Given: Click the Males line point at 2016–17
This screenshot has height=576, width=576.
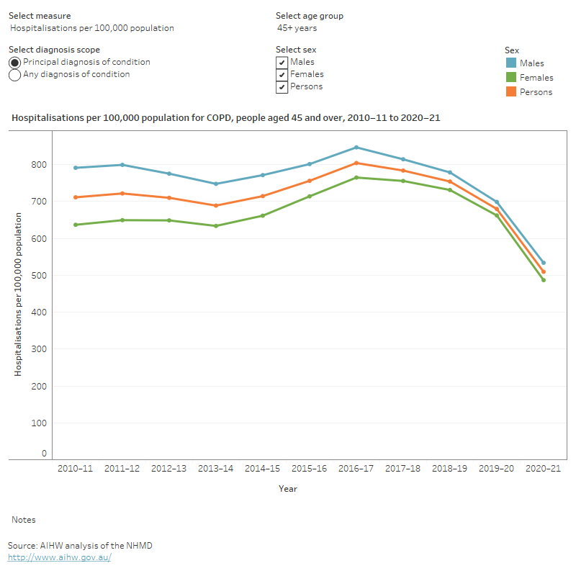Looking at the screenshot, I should [x=356, y=148].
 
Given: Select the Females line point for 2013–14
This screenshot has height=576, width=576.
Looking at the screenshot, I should [x=216, y=226].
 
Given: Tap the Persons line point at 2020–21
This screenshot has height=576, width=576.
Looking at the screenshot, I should [x=544, y=271].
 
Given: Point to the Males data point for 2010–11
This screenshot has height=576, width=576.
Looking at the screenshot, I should [x=76, y=168].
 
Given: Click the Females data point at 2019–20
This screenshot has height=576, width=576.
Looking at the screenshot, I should [x=497, y=215].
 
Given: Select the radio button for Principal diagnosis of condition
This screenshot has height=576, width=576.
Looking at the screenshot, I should [x=15, y=63].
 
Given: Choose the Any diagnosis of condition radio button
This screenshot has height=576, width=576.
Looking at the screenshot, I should [x=15, y=75].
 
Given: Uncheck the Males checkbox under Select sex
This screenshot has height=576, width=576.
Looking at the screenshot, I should [x=282, y=63].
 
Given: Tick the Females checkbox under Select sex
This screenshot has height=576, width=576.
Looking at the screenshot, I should [x=282, y=75].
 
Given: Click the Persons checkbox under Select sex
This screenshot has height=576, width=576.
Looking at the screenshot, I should [x=282, y=87].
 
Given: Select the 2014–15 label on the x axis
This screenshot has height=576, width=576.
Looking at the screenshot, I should [x=263, y=468].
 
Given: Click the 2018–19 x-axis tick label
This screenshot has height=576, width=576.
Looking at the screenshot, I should [x=450, y=468].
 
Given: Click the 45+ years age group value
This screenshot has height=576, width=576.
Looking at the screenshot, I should [x=297, y=28].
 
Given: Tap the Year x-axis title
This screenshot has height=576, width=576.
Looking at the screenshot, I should [x=288, y=489].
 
